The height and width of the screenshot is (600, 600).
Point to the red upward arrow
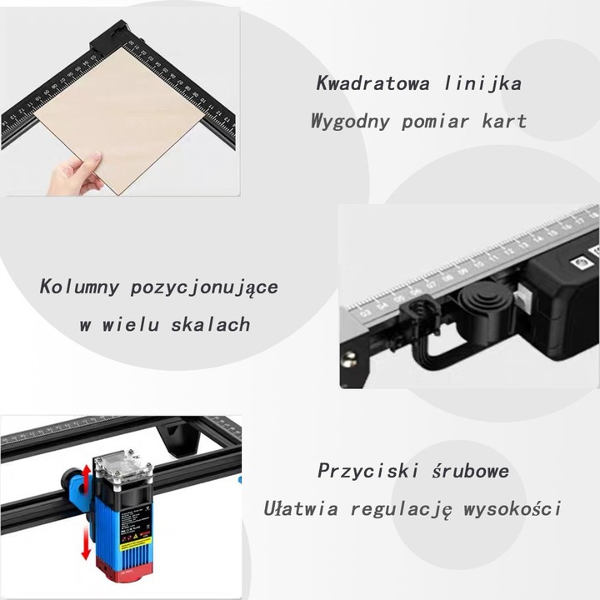click(82, 480)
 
